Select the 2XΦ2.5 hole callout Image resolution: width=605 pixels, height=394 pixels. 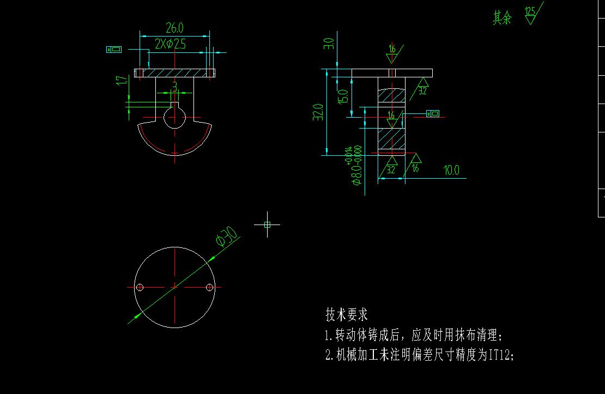pyautogui.click(x=170, y=44)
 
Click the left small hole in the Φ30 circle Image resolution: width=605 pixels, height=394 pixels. pyautogui.click(x=140, y=287)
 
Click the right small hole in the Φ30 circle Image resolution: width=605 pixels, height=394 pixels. pyautogui.click(x=209, y=287)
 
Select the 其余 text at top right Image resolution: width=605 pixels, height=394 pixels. pyautogui.click(x=502, y=18)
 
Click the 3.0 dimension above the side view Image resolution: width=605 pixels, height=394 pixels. pyautogui.click(x=329, y=44)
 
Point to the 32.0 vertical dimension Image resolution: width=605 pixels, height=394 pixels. pyautogui.click(x=319, y=112)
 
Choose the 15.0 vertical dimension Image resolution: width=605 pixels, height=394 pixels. pyautogui.click(x=343, y=96)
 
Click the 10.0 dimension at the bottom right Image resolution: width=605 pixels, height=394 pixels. pyautogui.click(x=451, y=171)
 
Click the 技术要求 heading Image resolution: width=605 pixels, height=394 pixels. pyautogui.click(x=347, y=314)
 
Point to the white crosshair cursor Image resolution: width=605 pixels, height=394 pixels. pyautogui.click(x=267, y=224)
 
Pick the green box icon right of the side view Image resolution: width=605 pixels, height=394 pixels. pyautogui.click(x=432, y=113)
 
